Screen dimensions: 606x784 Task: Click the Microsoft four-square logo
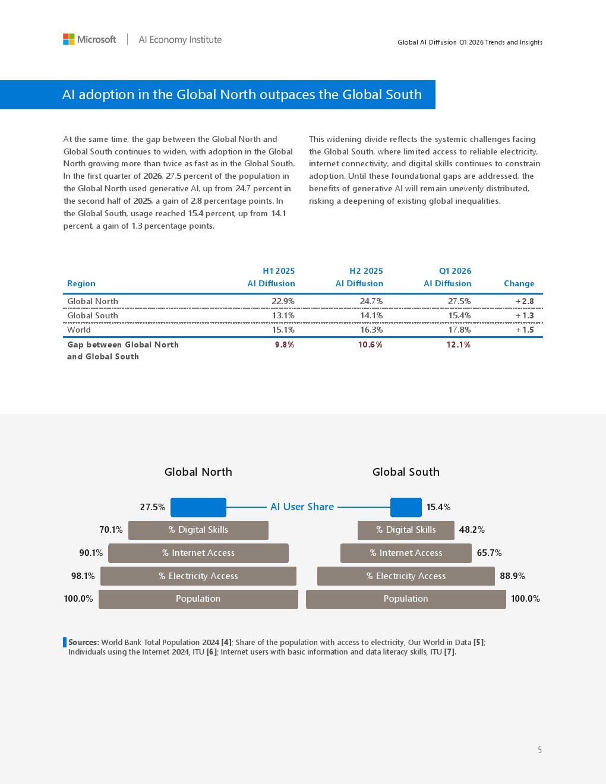[x=68, y=39]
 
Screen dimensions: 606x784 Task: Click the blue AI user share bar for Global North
[x=198, y=507]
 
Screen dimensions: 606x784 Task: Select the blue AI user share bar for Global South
[x=406, y=507]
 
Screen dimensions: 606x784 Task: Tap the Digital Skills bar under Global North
[x=198, y=530]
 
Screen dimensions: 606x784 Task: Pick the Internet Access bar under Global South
[x=406, y=553]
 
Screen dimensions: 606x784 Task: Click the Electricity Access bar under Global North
[x=198, y=576]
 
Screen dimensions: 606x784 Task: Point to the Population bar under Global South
[x=406, y=599]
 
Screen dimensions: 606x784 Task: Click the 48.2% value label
[x=472, y=530]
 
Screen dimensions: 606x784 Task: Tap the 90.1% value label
[x=91, y=553]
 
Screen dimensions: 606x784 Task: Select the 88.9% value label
[x=512, y=576]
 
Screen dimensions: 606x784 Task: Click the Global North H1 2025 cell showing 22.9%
[x=283, y=301]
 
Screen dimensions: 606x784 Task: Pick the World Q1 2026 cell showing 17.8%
[x=459, y=330]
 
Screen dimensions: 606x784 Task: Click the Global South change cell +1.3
[x=525, y=315]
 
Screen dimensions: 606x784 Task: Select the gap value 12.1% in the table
[x=459, y=344]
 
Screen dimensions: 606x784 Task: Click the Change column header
[x=519, y=283]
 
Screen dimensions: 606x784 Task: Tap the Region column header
[x=81, y=283]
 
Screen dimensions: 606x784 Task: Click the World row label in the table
[x=78, y=330]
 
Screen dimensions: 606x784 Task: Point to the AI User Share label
[x=302, y=507]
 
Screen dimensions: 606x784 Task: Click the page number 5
[x=540, y=750]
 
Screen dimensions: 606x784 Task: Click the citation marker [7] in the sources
[x=449, y=652]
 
